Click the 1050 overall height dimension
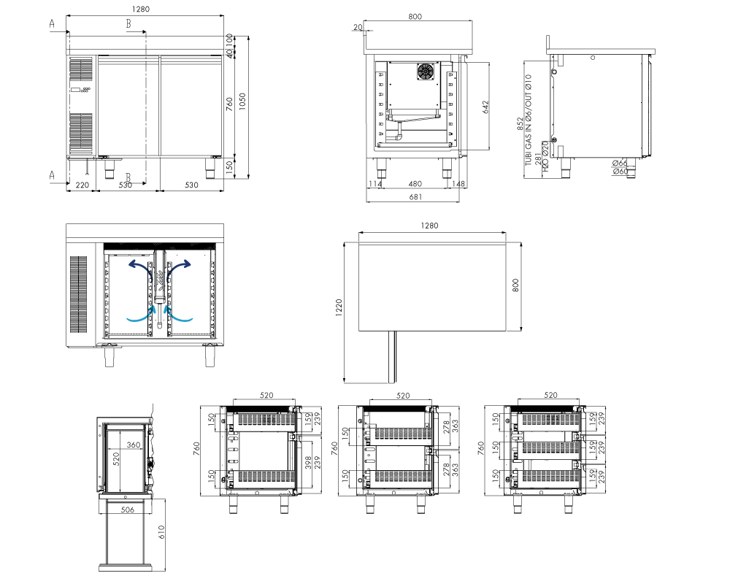click(242, 101)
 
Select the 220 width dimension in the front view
click(82, 185)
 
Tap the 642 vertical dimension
click(485, 107)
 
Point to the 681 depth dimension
click(415, 197)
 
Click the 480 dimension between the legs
click(415, 184)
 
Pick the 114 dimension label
click(374, 184)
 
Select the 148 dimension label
click(458, 184)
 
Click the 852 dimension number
click(520, 123)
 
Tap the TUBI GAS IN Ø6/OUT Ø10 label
click(529, 120)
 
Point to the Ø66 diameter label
click(620, 163)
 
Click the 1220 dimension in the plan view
click(339, 308)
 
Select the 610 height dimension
click(161, 532)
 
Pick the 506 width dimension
click(127, 510)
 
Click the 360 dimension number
click(134, 445)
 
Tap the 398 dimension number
click(308, 462)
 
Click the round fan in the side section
click(426, 72)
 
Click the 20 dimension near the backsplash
click(358, 27)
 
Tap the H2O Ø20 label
click(546, 157)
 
